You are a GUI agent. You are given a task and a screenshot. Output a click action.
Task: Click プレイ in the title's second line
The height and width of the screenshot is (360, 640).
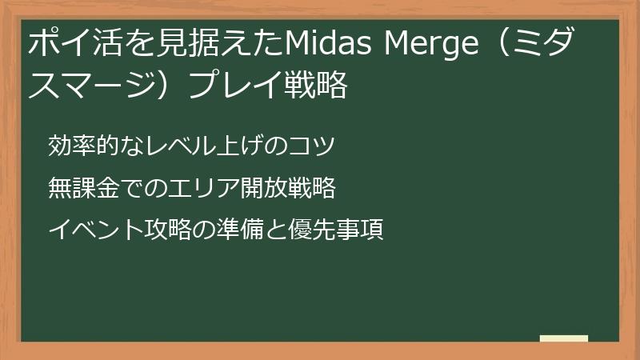(233, 85)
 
